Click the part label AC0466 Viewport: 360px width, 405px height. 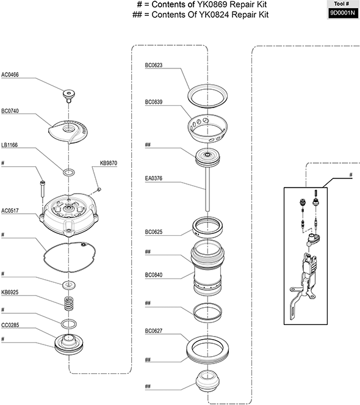(x=10, y=75)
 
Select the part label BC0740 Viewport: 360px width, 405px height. (x=10, y=111)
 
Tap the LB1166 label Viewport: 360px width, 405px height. (x=10, y=145)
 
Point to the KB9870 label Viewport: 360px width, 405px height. (x=109, y=163)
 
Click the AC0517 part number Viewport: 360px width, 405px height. (x=10, y=211)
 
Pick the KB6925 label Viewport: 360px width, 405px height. (x=10, y=293)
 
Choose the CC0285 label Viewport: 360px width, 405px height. (x=10, y=325)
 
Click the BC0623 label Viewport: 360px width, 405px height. (x=154, y=65)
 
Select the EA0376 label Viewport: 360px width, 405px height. (x=154, y=178)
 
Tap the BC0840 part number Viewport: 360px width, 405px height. (x=154, y=275)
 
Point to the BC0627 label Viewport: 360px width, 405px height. (x=154, y=331)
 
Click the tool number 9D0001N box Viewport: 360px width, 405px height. (x=343, y=13)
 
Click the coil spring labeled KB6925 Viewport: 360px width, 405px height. (x=69, y=304)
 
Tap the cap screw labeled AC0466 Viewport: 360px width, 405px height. (x=69, y=96)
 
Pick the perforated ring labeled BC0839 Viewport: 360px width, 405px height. (x=207, y=128)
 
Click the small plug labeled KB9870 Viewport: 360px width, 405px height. (x=99, y=190)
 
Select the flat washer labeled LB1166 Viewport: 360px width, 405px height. (x=69, y=172)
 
